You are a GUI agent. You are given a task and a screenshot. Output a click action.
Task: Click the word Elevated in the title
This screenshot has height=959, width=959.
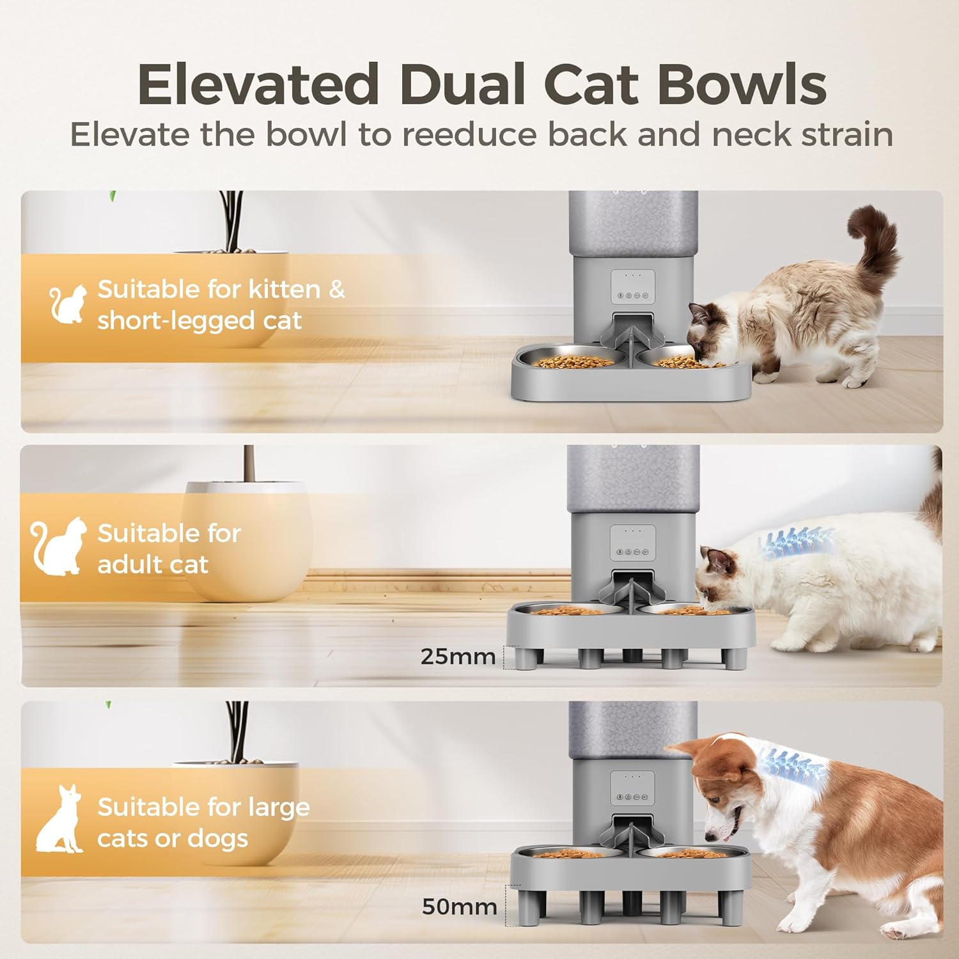point(258,84)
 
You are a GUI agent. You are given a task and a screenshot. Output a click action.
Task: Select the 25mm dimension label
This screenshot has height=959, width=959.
point(458,657)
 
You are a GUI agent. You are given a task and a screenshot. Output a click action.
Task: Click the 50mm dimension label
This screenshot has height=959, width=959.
point(459,907)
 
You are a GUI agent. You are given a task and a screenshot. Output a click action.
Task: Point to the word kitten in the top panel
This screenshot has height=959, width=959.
point(285,289)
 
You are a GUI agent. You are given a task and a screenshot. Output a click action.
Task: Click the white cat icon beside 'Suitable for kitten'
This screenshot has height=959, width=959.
point(68,304)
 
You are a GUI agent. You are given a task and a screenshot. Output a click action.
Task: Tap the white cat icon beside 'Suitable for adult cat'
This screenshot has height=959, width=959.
point(59,546)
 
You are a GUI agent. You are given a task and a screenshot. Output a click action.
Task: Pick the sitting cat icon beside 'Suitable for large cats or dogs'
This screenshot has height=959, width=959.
point(59,819)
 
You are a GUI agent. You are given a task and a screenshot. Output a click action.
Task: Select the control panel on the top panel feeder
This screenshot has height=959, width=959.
point(632,287)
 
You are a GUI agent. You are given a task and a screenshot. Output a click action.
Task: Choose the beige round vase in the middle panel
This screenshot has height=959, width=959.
point(246,540)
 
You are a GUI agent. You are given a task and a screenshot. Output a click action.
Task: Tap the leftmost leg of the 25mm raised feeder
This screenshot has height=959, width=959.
point(527,659)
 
